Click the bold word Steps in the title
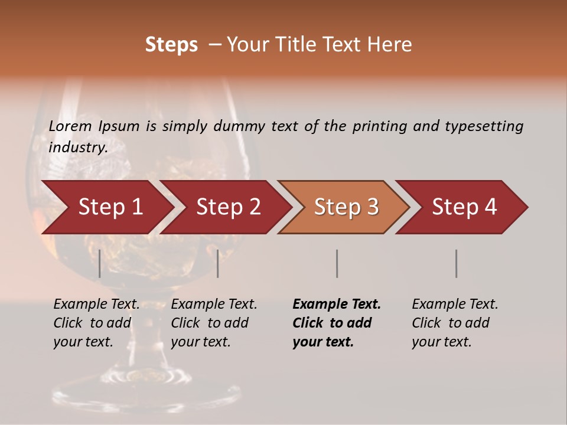pos(171,44)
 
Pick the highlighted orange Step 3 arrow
pos(346,207)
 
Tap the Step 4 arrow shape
pos(464,207)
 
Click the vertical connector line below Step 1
pos(100,263)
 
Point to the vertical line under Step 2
pos(218,263)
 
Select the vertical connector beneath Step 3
pos(337,263)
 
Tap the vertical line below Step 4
pos(456,263)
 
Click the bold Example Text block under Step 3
pos(337,323)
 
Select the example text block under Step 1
pos(97,323)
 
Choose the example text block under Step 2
pos(214,323)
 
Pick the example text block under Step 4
pos(455,323)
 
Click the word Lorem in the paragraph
pos(70,126)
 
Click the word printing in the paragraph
pos(380,126)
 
